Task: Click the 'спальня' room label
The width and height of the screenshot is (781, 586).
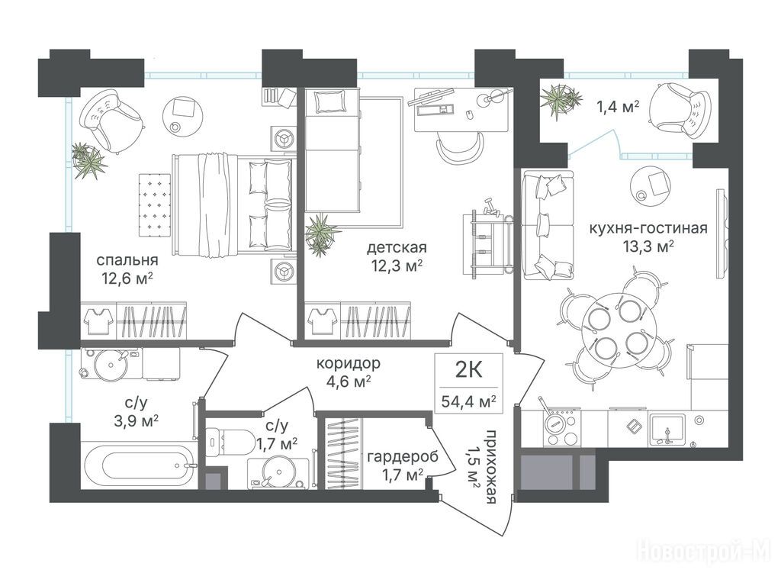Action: click(127, 260)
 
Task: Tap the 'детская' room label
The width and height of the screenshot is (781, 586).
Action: click(397, 248)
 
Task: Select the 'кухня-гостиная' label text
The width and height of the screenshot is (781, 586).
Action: click(648, 228)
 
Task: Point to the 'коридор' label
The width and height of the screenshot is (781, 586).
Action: click(348, 363)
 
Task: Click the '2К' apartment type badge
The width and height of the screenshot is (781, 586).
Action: click(469, 370)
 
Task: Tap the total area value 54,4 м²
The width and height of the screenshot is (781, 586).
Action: click(469, 401)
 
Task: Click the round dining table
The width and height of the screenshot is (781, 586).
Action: click(616, 330)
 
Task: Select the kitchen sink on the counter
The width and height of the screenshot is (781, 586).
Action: click(667, 429)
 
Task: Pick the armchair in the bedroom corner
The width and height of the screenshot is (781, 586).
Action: click(113, 120)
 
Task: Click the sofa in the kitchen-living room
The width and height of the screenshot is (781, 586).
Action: click(547, 225)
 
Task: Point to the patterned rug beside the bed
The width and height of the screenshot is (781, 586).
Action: click(154, 204)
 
